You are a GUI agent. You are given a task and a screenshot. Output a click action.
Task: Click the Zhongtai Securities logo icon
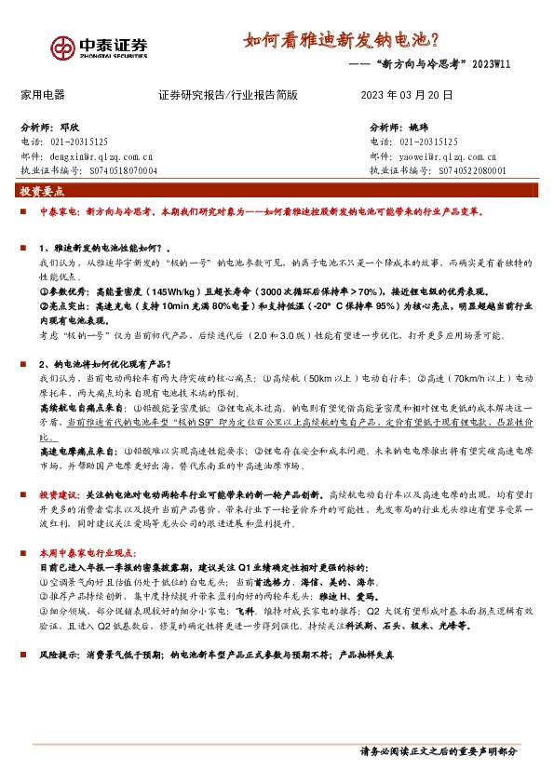[62, 47]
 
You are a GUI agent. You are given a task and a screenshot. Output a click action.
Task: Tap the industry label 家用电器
[43, 95]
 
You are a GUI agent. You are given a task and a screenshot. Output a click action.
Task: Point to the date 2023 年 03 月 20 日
[406, 95]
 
